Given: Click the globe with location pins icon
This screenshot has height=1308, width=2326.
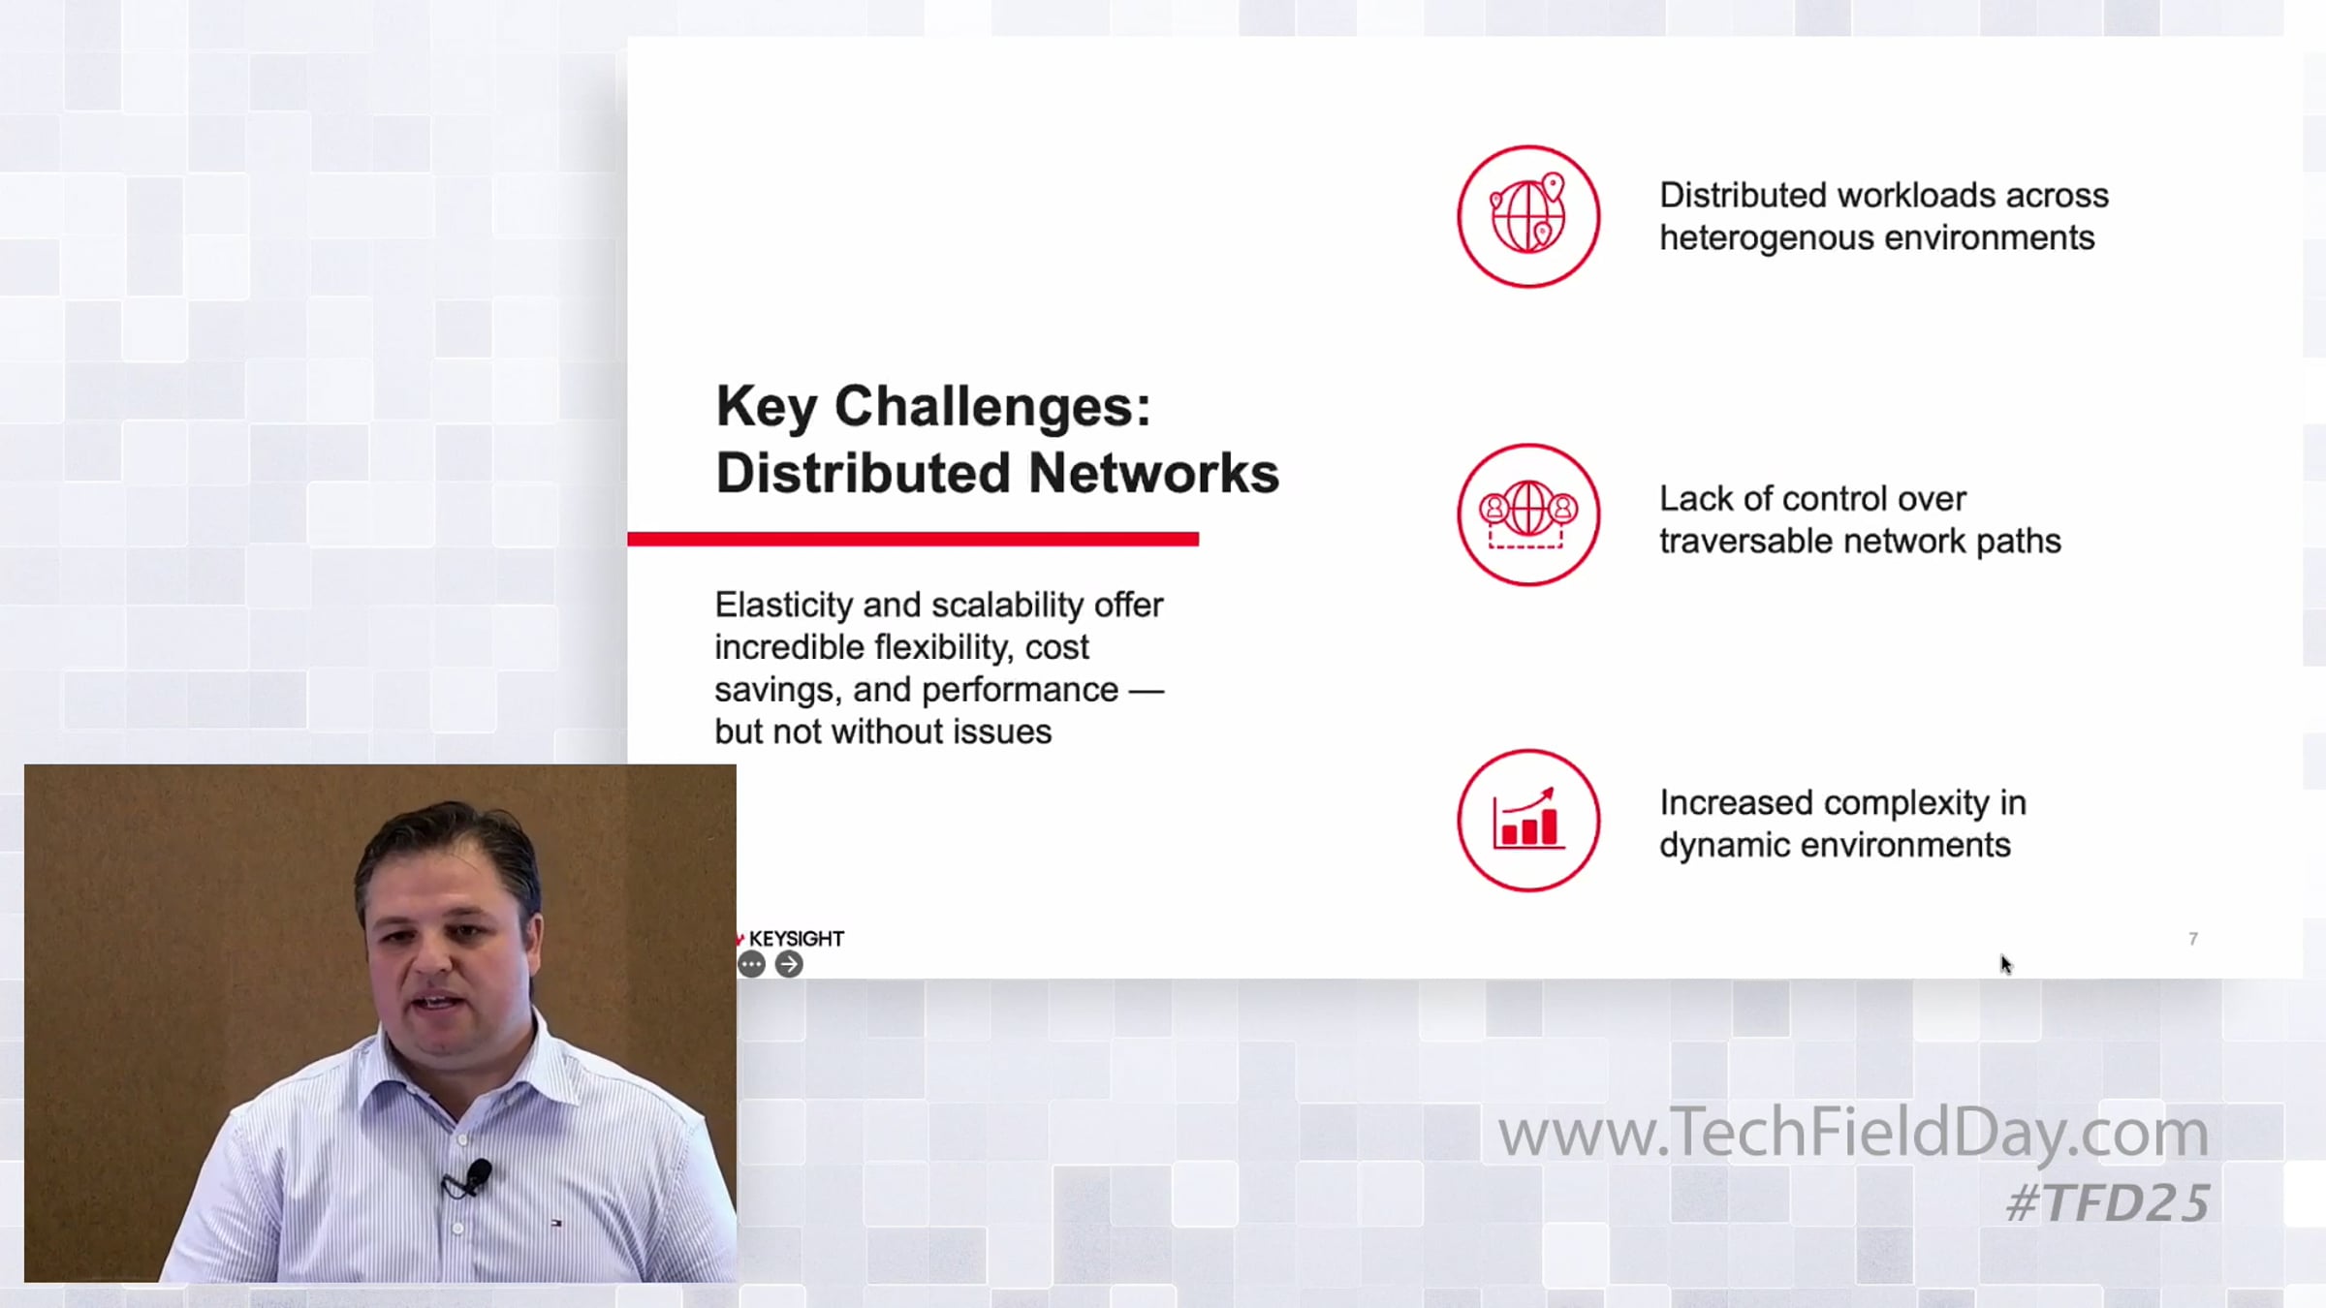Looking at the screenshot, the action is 1528,216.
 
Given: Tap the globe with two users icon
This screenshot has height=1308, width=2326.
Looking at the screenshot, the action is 1528,514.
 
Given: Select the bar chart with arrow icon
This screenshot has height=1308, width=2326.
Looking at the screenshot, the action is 1528,820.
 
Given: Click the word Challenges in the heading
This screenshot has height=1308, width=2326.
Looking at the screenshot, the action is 992,407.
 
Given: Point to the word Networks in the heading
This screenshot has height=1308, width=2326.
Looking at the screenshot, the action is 1153,473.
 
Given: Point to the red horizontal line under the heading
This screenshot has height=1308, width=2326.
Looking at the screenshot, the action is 913,539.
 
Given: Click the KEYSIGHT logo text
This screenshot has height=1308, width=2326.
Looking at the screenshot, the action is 797,939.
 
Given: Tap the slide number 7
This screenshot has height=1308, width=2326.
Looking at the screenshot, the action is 2193,938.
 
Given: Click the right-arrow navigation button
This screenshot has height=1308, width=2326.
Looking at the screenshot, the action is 790,964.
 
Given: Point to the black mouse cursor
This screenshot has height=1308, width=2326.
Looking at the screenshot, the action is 2006,964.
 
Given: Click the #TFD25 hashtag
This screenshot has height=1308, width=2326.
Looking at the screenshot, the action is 2108,1202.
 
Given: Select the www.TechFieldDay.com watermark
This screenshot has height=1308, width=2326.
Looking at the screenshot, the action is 1854,1132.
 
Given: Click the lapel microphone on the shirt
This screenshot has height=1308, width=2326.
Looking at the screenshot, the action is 477,1175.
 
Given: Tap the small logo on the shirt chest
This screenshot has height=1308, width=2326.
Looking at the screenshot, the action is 556,1224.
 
